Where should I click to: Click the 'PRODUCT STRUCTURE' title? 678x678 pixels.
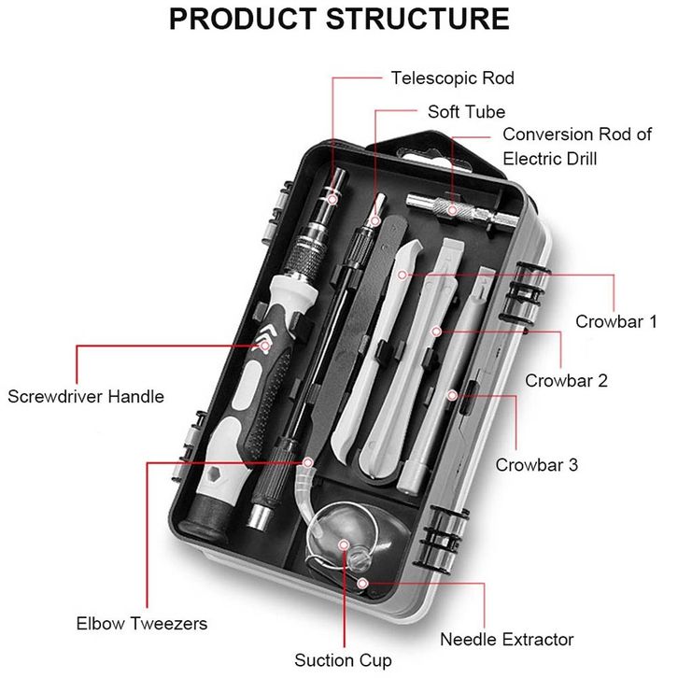[x=339, y=21]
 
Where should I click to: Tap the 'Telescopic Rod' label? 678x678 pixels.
[x=453, y=78]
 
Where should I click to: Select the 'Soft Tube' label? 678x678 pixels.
[x=466, y=112]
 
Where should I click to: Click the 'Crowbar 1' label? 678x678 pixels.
[x=616, y=322]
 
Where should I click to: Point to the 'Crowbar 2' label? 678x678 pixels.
[x=566, y=380]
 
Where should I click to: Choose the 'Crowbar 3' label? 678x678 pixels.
[x=537, y=464]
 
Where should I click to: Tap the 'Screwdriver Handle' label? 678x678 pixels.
[x=86, y=396]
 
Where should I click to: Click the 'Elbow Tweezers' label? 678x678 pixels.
[x=141, y=623]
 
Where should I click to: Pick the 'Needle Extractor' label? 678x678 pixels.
[x=506, y=640]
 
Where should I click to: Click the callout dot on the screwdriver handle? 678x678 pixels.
[x=265, y=346]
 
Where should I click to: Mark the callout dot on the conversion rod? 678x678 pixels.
[x=452, y=211]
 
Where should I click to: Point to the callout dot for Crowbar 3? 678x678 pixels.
[x=452, y=396]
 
